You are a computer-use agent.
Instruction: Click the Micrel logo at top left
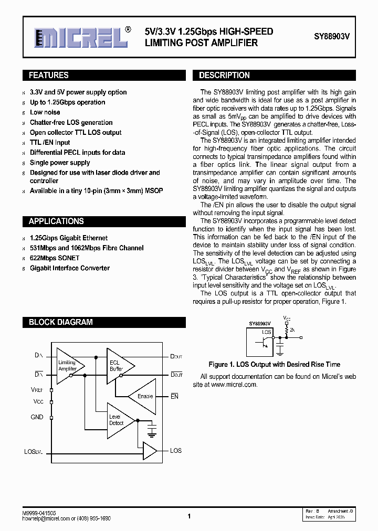click(81, 37)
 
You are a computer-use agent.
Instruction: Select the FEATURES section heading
click(48, 76)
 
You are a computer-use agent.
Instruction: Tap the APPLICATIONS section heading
click(56, 221)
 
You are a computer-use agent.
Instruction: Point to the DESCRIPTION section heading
click(224, 76)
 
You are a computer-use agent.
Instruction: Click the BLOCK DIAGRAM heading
click(60, 322)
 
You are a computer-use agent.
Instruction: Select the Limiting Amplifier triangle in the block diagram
click(68, 366)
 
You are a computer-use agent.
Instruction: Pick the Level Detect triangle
click(118, 420)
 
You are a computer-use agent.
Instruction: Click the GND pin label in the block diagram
click(37, 417)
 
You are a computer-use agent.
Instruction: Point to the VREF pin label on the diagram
click(37, 390)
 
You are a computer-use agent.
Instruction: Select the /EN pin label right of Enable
click(174, 396)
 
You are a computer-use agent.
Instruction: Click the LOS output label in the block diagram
click(175, 451)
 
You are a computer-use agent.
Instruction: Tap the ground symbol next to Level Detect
click(152, 431)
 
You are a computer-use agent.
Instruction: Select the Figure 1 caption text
click(274, 364)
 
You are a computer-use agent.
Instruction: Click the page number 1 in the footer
click(188, 516)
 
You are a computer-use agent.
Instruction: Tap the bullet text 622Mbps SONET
click(55, 258)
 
